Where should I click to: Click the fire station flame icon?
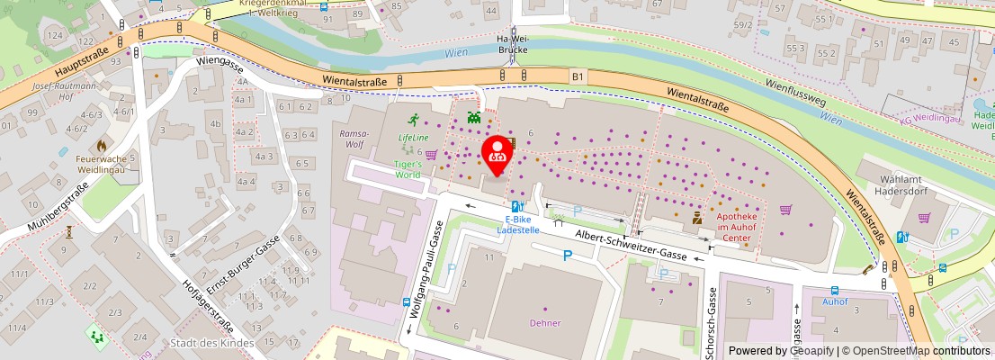[102, 144]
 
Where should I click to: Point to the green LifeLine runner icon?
[414, 119]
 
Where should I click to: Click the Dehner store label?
[545, 322]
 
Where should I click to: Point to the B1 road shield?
[578, 78]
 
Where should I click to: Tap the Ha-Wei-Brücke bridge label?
[513, 45]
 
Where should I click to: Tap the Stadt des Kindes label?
[212, 343]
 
